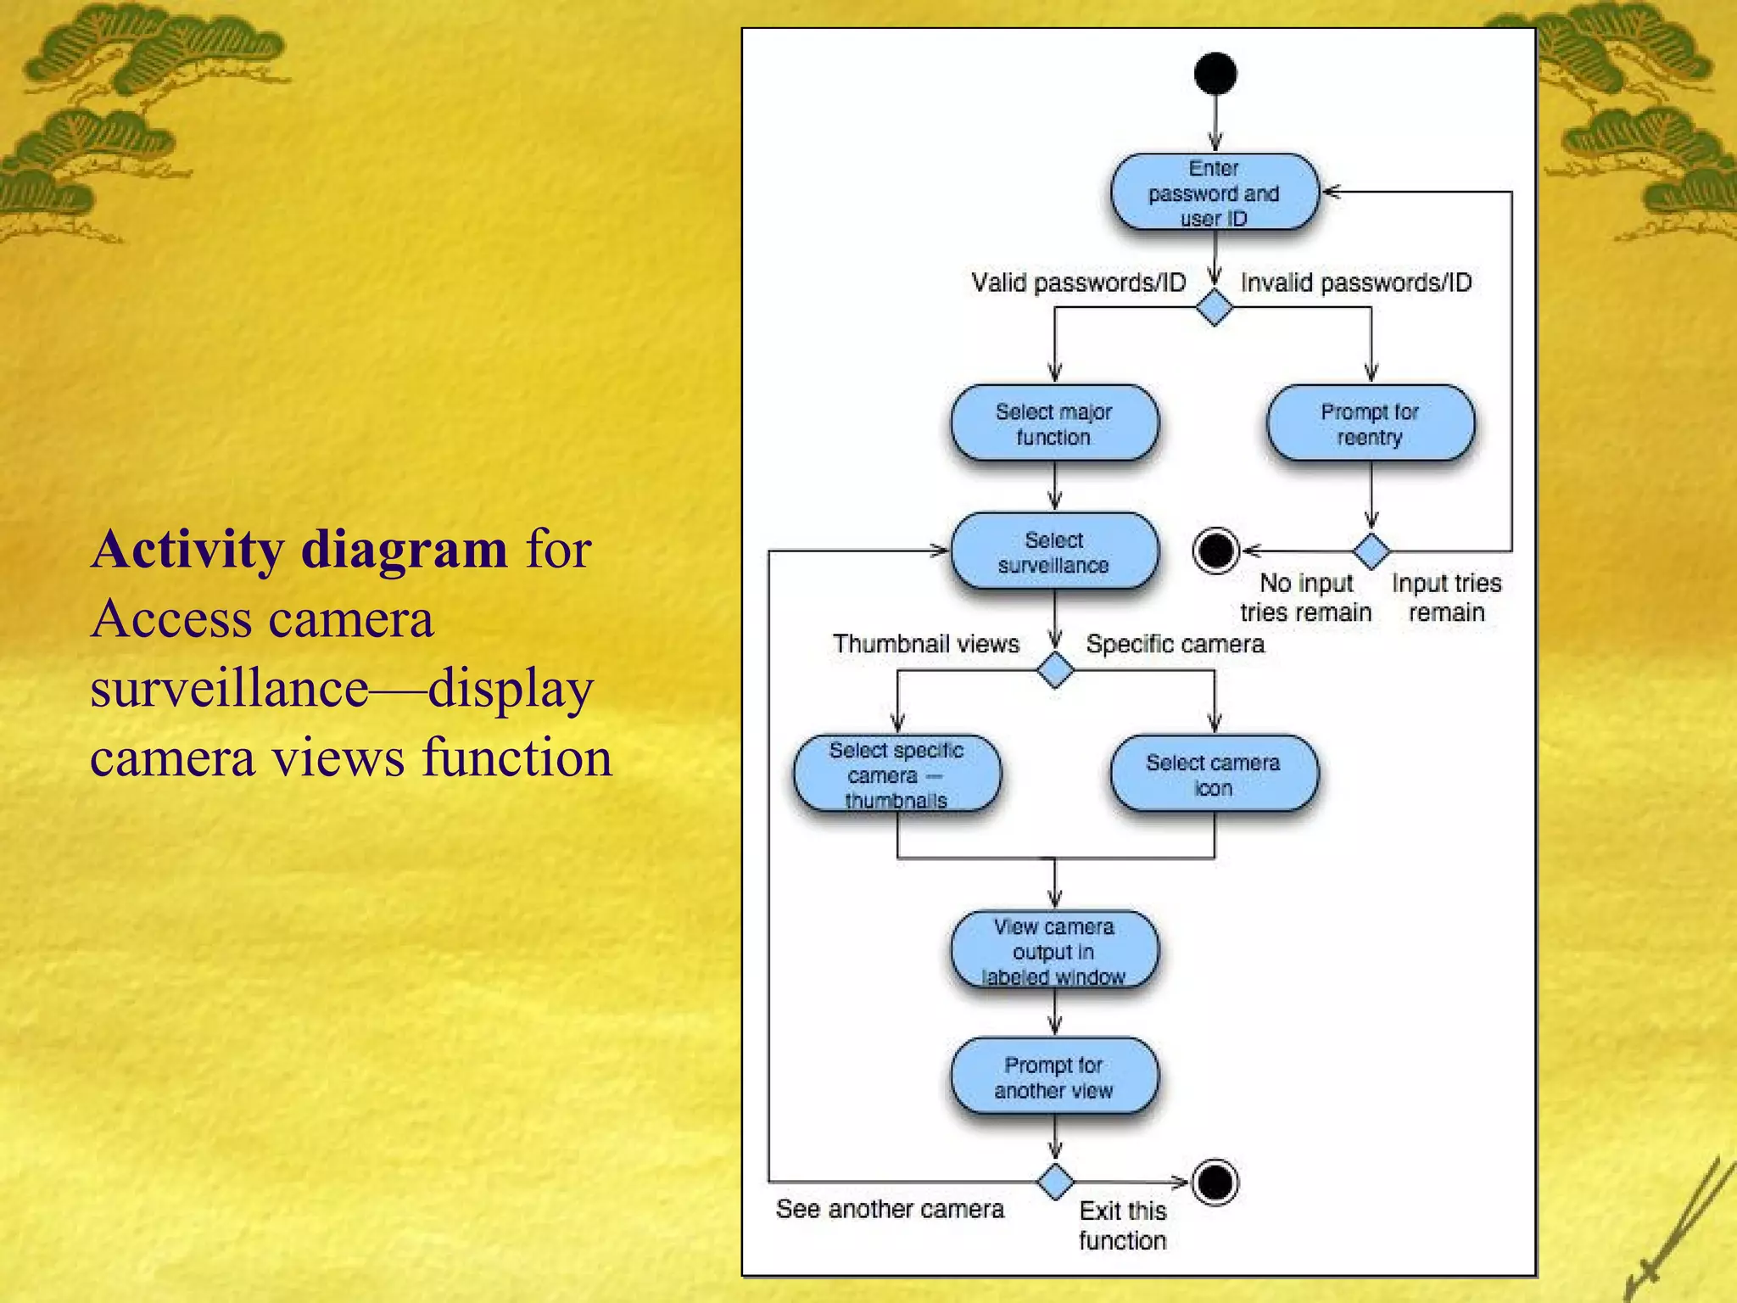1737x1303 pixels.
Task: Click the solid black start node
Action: pos(1215,74)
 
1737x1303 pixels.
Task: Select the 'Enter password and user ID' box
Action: pos(1215,193)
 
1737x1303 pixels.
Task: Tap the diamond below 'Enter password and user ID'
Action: pos(1214,307)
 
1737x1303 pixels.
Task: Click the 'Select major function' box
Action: pos(1054,424)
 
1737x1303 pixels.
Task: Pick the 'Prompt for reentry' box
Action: pos(1371,424)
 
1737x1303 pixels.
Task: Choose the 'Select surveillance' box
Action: pos(1054,552)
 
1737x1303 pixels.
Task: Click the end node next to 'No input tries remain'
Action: pos(1215,551)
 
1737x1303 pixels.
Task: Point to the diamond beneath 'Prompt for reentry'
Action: pos(1371,551)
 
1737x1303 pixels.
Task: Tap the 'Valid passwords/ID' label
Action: pos(1078,282)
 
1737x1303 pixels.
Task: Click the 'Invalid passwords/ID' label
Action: pos(1356,282)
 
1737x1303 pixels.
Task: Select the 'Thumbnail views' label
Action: pos(925,644)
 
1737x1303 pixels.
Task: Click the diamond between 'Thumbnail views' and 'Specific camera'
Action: pos(1055,670)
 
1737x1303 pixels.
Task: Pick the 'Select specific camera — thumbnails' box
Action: pos(897,775)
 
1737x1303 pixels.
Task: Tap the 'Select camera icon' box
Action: pos(1214,775)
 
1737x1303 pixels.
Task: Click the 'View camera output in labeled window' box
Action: pos(1054,951)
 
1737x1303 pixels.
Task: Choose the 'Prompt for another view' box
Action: pos(1054,1077)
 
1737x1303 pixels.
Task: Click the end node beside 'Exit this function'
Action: pos(1215,1182)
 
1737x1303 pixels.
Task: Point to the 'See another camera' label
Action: pos(890,1209)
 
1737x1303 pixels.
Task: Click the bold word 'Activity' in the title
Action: pos(187,549)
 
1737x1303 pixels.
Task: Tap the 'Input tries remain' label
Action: pos(1446,597)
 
